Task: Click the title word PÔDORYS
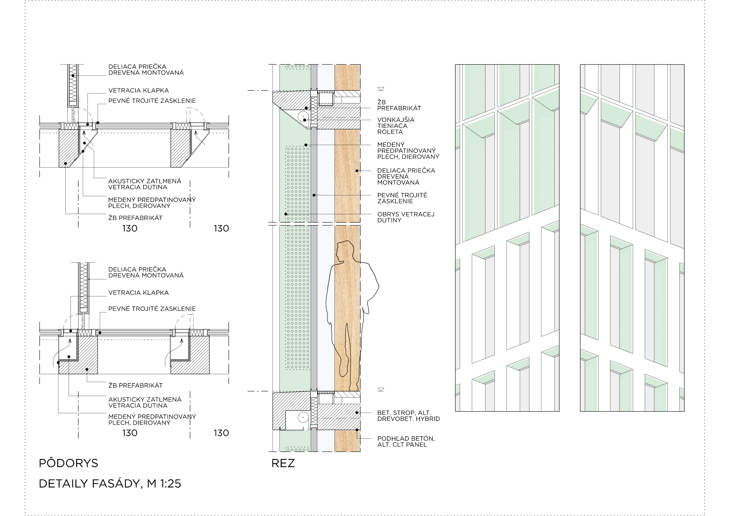click(68, 463)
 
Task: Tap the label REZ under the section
click(283, 463)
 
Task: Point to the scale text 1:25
click(171, 483)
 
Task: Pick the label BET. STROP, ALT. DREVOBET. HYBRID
click(408, 416)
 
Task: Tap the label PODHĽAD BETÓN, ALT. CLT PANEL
click(406, 441)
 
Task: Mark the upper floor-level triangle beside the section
click(381, 89)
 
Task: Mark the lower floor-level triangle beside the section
click(381, 390)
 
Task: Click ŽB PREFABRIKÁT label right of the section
click(399, 105)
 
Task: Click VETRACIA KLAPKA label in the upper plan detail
click(138, 90)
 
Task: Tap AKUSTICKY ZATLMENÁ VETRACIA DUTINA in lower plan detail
click(145, 402)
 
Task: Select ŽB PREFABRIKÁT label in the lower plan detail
click(135, 385)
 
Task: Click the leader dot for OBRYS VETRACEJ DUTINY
click(286, 214)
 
